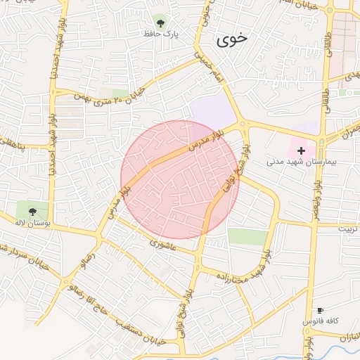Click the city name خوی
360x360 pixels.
(x=232, y=39)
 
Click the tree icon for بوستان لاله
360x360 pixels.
(x=32, y=210)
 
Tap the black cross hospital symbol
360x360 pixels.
(x=302, y=150)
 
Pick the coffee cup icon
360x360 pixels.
(x=321, y=310)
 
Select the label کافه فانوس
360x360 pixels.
(x=321, y=321)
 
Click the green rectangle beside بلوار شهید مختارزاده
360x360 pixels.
(x=247, y=237)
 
